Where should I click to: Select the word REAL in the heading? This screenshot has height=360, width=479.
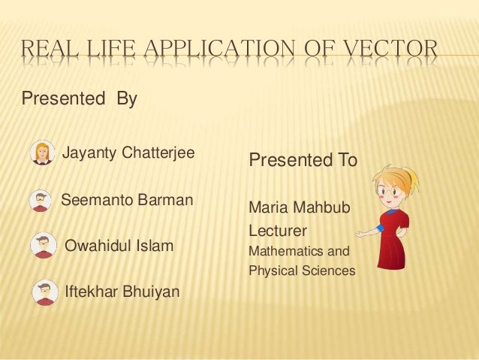point(50,51)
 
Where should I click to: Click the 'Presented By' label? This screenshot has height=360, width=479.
point(79,98)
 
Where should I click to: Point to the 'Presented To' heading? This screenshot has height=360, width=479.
point(303,161)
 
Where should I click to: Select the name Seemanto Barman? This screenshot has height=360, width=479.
point(127,201)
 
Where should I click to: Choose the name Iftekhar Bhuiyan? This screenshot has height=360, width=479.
point(123,292)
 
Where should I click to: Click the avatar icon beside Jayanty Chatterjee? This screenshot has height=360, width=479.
point(43,153)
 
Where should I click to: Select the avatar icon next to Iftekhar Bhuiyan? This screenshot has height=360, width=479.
point(45,292)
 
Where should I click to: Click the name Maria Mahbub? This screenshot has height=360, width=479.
point(299,206)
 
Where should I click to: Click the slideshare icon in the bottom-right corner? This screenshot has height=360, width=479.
point(465,348)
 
